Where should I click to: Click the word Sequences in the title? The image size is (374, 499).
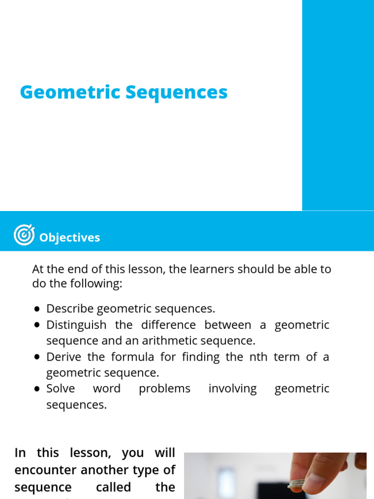(176, 93)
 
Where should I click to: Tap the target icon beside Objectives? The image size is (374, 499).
(24, 235)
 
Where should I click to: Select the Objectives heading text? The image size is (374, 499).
(70, 238)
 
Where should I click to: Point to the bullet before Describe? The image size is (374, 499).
(37, 309)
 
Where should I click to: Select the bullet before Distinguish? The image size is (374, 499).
(37, 325)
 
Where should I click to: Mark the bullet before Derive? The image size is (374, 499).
(37, 357)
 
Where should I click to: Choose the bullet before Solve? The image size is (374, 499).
(37, 389)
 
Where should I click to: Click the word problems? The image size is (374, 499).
(165, 389)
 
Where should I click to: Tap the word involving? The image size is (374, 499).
(232, 389)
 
